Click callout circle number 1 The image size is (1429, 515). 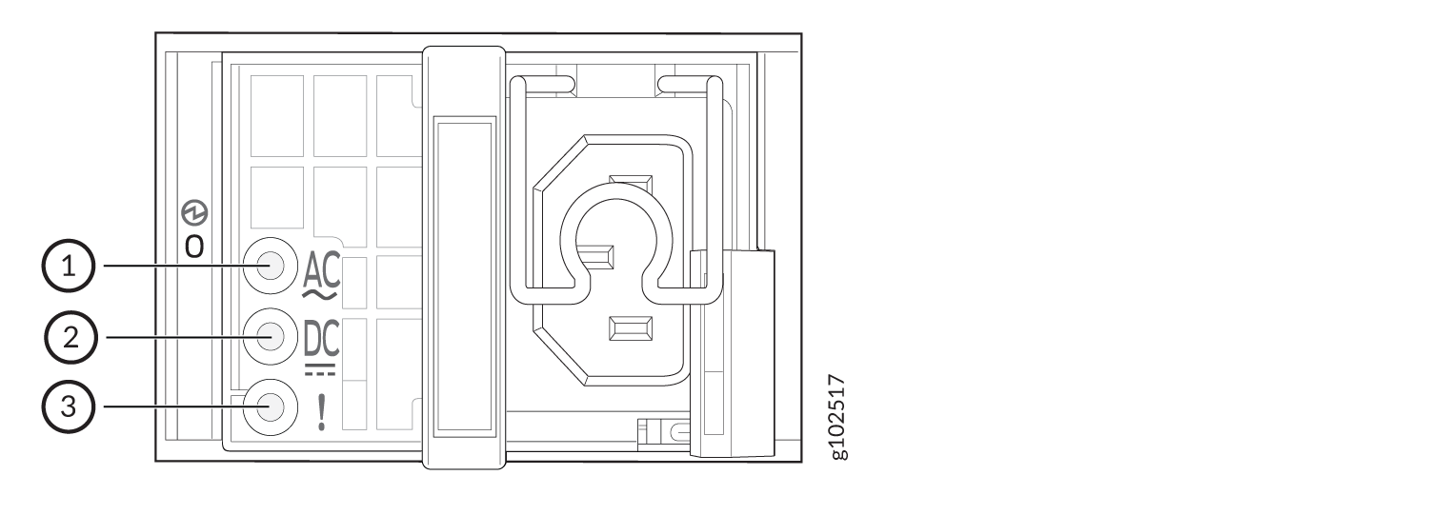click(x=69, y=266)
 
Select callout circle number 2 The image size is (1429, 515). click(x=70, y=337)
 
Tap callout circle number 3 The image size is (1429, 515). click(x=69, y=406)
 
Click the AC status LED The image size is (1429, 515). click(x=271, y=266)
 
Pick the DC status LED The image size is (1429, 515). click(x=271, y=337)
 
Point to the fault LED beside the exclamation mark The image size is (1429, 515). click(x=271, y=407)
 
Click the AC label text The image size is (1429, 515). click(x=322, y=270)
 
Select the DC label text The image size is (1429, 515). click(x=322, y=339)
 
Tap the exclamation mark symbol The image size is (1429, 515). click(x=322, y=412)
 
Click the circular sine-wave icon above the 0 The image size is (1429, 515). click(x=194, y=213)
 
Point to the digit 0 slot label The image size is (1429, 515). click(x=194, y=248)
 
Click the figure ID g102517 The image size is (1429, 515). click(x=837, y=417)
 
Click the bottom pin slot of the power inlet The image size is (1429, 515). click(x=631, y=328)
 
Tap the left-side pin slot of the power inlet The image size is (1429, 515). click(x=595, y=257)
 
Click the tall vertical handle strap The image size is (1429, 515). click(x=465, y=257)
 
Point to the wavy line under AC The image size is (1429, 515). click(x=320, y=294)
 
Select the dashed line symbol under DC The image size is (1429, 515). click(x=320, y=369)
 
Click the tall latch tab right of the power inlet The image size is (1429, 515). click(x=733, y=354)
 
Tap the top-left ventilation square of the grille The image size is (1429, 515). click(x=277, y=116)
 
